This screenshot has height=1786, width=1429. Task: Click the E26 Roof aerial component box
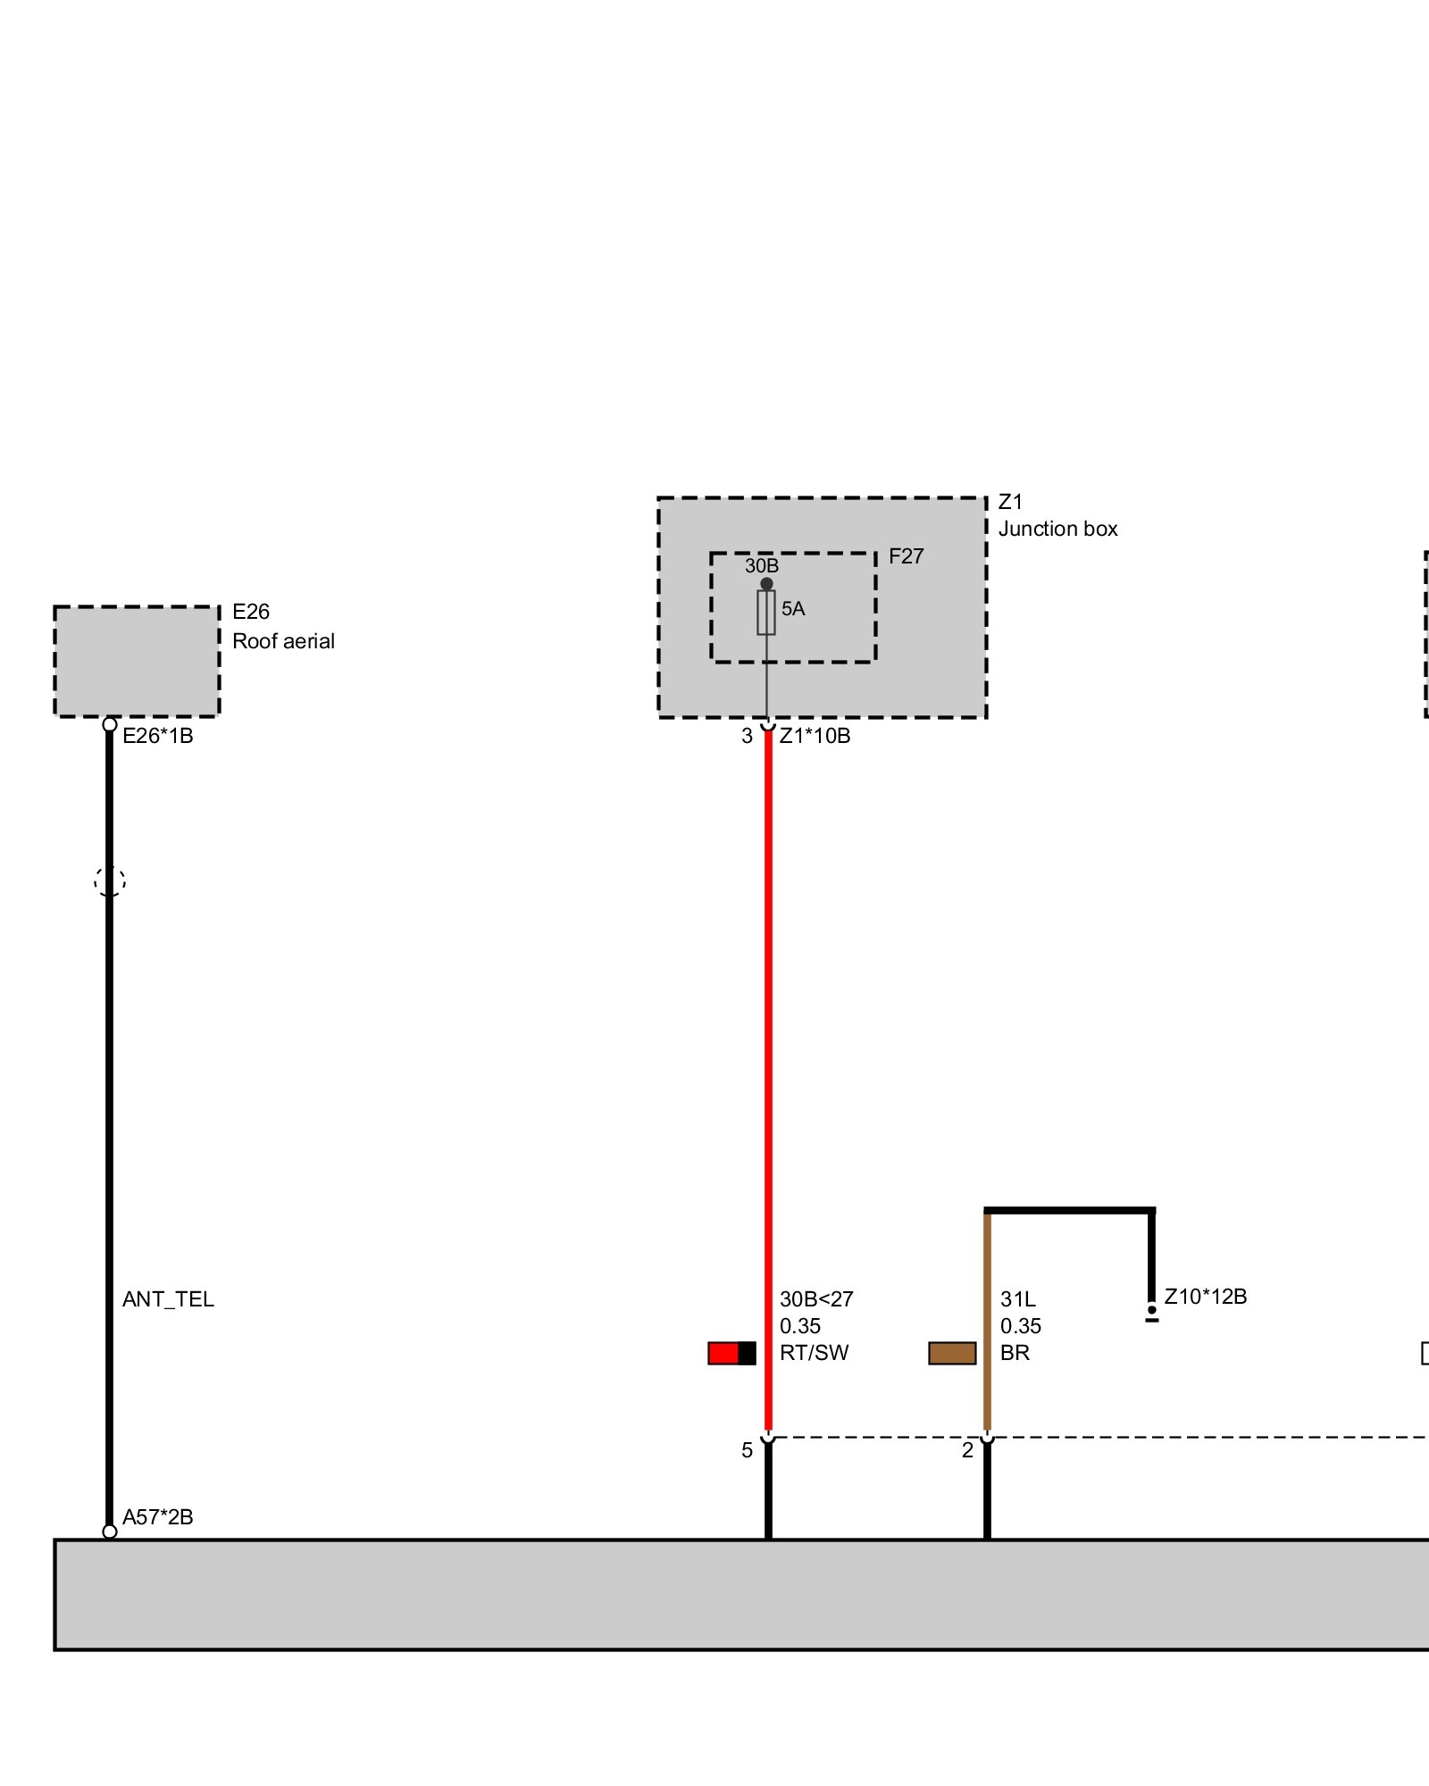pos(137,661)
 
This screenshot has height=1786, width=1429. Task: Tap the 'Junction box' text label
pos(1057,529)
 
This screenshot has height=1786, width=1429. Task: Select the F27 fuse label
pos(906,556)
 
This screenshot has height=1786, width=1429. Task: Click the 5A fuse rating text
pos(793,609)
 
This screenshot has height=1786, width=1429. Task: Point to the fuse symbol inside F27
pos(766,613)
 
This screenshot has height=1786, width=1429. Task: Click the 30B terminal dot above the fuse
pos(766,584)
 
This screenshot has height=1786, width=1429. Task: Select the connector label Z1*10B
pos(815,736)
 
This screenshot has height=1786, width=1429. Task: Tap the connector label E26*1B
pos(158,736)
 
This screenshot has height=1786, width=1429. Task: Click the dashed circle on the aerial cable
pos(110,881)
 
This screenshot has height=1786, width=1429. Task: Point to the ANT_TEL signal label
pos(168,1299)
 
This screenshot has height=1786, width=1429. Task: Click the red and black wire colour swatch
pos(731,1353)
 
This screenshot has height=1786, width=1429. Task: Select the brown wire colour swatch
pos(952,1353)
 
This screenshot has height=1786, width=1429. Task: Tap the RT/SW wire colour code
pos(814,1353)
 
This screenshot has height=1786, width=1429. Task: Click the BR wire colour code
pos(1015,1353)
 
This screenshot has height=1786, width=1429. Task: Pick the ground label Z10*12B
pos(1205,1297)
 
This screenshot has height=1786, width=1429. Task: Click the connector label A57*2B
pos(158,1517)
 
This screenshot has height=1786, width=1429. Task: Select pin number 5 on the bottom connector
pos(747,1450)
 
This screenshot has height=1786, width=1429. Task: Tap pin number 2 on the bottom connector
pos(967,1450)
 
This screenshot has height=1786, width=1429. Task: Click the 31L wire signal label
pos(1017,1299)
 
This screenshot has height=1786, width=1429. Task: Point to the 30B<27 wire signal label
pos(816,1299)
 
